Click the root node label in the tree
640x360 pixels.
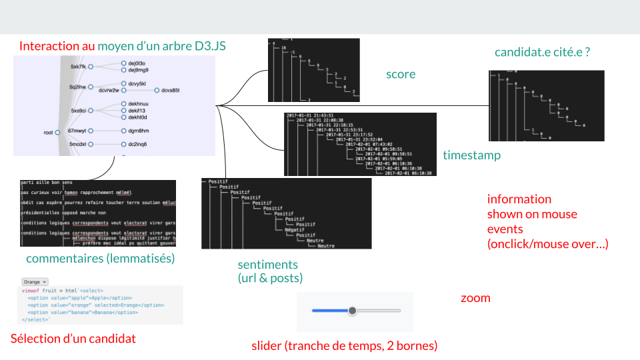click(48, 133)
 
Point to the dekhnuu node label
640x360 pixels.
click(138, 104)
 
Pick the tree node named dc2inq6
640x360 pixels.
click(138, 144)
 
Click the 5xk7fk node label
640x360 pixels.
click(78, 67)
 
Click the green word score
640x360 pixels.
click(401, 74)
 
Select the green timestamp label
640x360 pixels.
click(471, 155)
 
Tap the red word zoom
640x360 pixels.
click(475, 298)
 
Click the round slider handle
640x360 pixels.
click(353, 311)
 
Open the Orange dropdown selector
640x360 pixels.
click(35, 282)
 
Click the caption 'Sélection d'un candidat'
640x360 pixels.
click(73, 339)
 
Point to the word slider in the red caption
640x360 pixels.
click(267, 346)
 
